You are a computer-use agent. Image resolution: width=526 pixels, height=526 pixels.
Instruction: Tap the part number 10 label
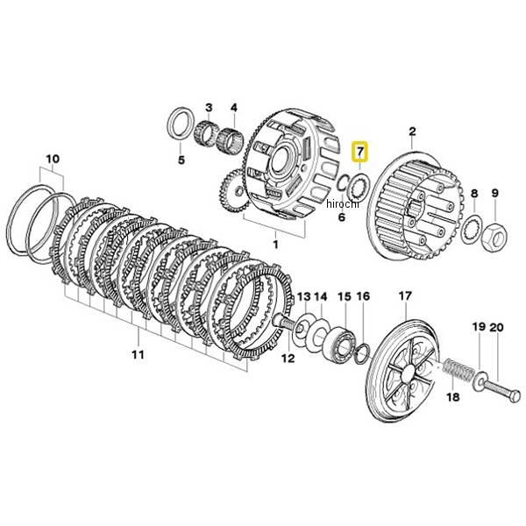pyautogui.click(x=52, y=160)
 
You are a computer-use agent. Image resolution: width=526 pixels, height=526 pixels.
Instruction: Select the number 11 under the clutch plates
pyautogui.click(x=138, y=354)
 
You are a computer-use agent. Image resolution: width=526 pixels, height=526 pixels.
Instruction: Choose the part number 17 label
pyautogui.click(x=404, y=297)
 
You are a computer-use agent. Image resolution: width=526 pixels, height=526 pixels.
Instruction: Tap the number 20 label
pyautogui.click(x=496, y=327)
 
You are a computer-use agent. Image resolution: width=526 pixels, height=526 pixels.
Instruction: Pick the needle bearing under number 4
pyautogui.click(x=234, y=139)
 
